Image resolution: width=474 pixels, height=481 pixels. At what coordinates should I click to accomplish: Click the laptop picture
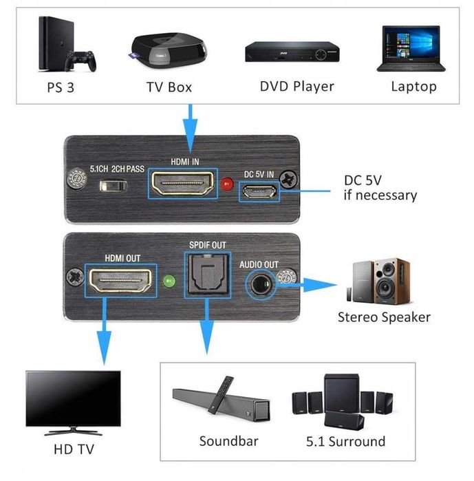(412, 48)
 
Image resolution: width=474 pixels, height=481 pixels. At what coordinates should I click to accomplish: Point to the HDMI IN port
(182, 185)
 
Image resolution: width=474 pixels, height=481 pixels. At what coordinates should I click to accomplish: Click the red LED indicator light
(228, 184)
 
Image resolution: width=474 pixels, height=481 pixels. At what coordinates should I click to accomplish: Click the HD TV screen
(74, 398)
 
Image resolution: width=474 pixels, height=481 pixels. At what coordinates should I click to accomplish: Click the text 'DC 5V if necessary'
(380, 188)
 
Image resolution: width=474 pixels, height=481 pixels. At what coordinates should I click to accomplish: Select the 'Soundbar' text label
(228, 441)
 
